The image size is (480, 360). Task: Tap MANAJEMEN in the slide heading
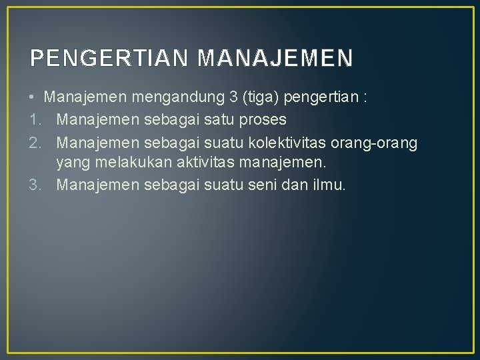point(275,59)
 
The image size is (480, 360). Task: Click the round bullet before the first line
point(33,97)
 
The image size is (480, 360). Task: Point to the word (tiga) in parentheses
point(262,97)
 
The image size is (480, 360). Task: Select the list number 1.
point(35,119)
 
